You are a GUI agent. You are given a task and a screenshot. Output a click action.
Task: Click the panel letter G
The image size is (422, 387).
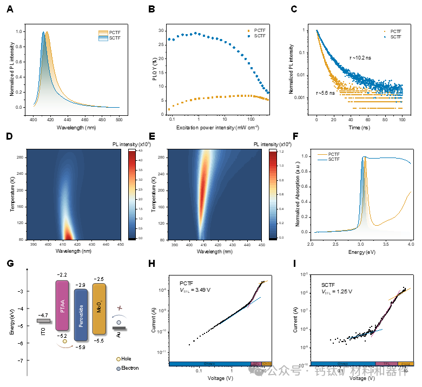pos(10,264)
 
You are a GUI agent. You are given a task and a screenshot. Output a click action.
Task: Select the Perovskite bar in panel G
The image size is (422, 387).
pos(81,316)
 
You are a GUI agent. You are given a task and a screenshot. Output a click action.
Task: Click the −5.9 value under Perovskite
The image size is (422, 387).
pos(81,347)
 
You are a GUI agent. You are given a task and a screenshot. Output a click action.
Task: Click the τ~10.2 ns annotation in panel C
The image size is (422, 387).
pos(360,57)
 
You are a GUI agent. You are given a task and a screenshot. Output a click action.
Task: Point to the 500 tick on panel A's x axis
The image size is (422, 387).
pos(120,118)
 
